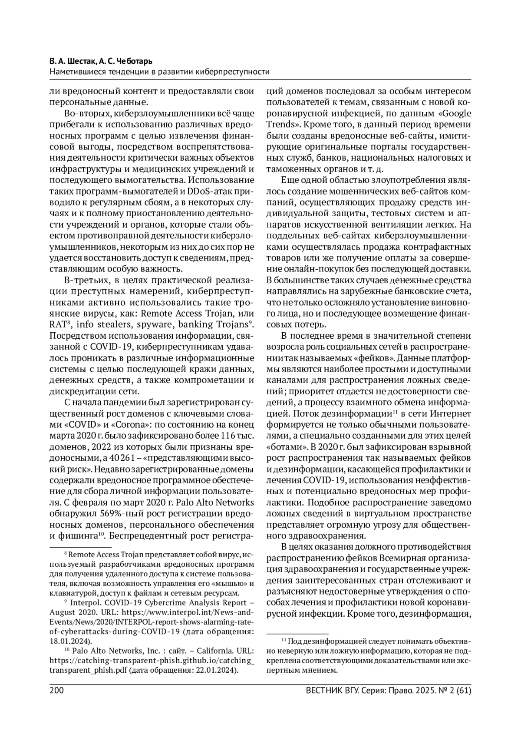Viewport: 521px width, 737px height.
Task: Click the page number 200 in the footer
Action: click(x=57, y=691)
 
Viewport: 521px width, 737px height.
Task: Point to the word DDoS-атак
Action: click(x=206, y=191)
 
